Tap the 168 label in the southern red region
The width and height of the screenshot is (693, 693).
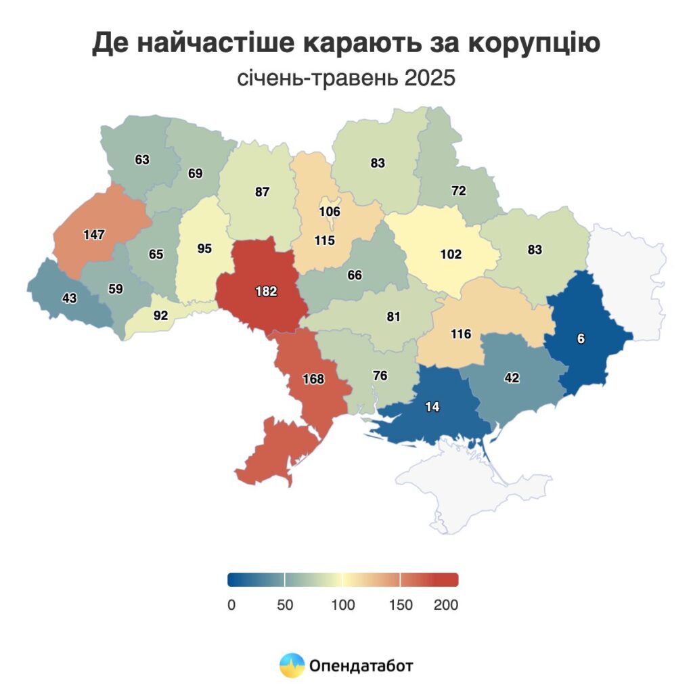[313, 379]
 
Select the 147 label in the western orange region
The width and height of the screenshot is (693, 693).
[94, 235]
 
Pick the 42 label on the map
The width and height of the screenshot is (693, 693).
[512, 378]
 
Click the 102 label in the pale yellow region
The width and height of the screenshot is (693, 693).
[451, 254]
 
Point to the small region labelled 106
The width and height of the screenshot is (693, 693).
[330, 210]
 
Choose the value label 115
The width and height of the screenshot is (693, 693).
[324, 240]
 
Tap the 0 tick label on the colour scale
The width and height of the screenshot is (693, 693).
[231, 605]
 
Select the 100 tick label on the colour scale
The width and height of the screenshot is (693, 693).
[343, 605]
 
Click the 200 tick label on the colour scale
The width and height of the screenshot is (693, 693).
[447, 605]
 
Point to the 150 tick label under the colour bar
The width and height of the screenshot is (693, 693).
[401, 605]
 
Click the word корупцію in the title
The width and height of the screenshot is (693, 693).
[534, 43]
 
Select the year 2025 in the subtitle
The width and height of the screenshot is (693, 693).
[430, 79]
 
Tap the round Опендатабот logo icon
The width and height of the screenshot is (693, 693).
[292, 665]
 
